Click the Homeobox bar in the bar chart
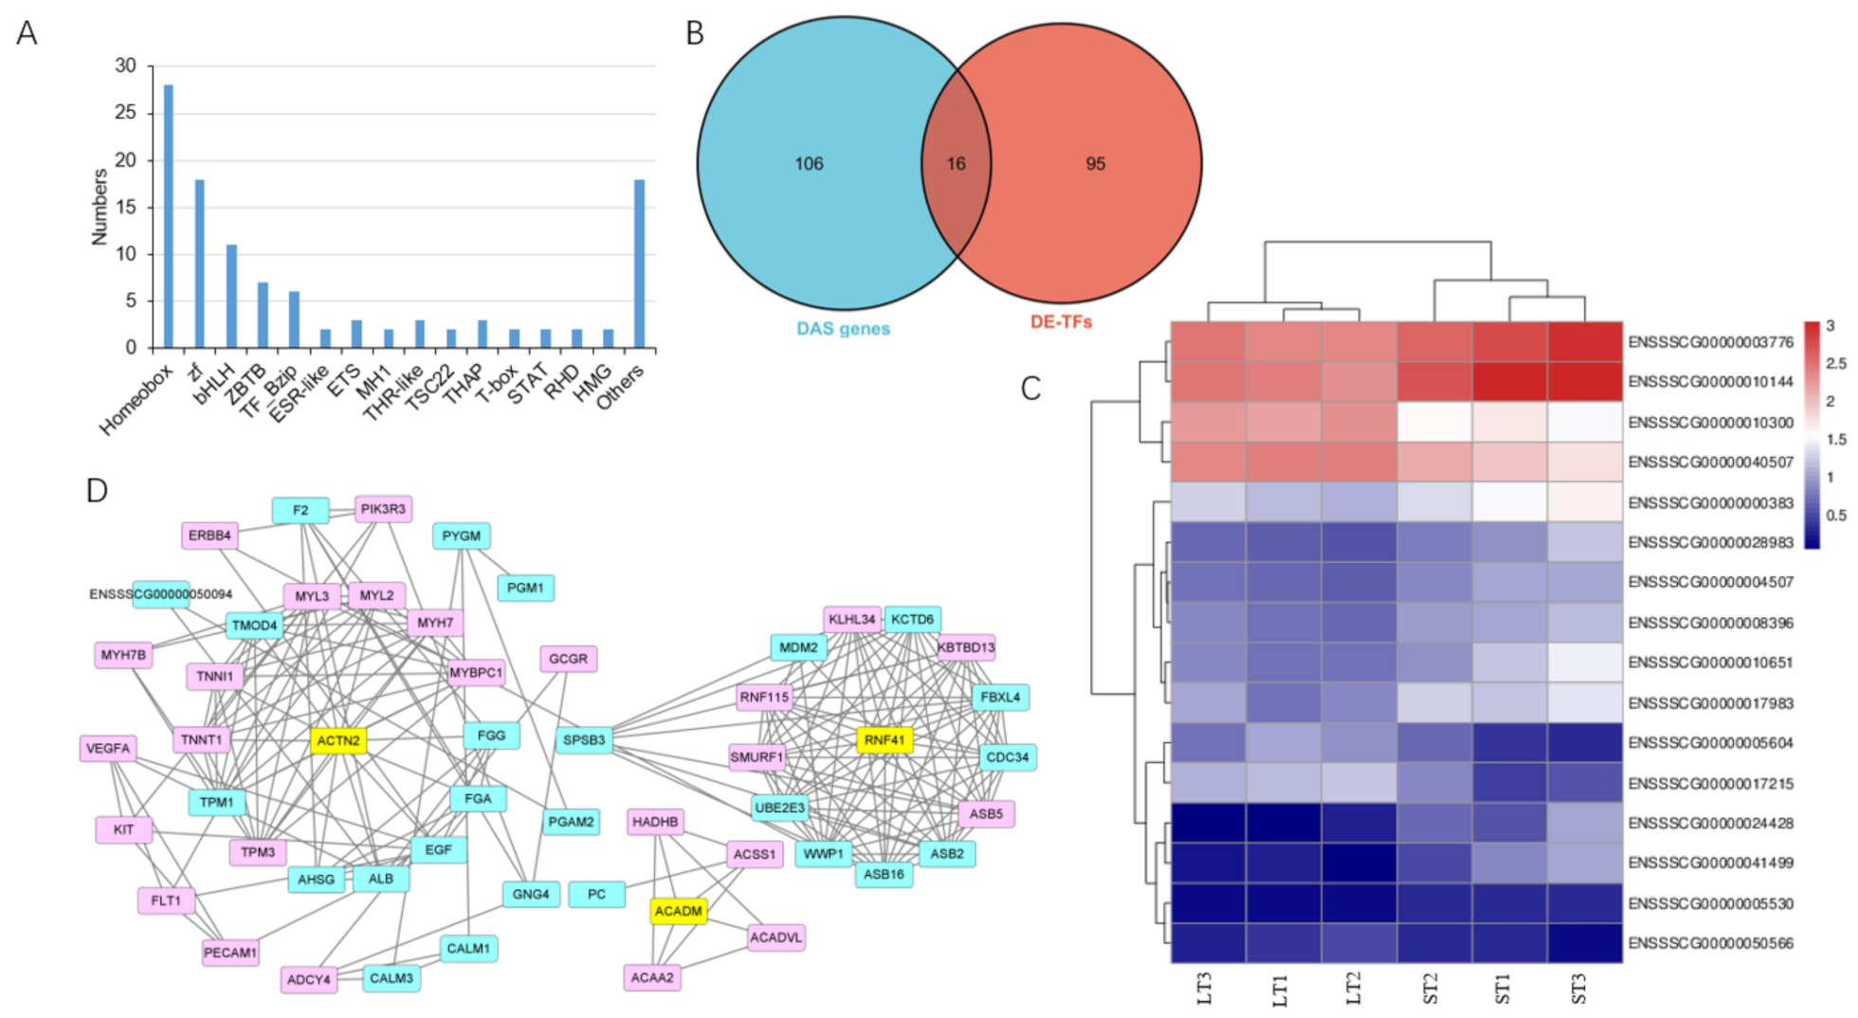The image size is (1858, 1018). click(x=169, y=216)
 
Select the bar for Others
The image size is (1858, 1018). click(x=639, y=264)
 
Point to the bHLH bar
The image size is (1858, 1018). click(x=231, y=296)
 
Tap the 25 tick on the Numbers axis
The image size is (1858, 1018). click(x=125, y=113)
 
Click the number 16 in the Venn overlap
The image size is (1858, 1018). click(x=956, y=164)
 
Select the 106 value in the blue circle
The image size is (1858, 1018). click(x=809, y=164)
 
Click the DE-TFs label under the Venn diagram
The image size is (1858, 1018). click(x=1061, y=322)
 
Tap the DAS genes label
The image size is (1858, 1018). click(x=843, y=329)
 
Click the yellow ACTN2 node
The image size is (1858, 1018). click(x=338, y=740)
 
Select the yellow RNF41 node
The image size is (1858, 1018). click(x=884, y=739)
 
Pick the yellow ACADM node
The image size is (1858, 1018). click(x=679, y=911)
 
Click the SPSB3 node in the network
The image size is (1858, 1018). click(x=584, y=740)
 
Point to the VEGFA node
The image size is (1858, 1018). click(x=108, y=749)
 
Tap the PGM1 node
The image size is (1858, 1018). click(x=525, y=588)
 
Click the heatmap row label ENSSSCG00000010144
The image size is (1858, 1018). click(x=1710, y=382)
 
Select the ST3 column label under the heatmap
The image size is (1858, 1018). click(x=1579, y=988)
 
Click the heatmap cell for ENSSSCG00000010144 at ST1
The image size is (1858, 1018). click(x=1509, y=381)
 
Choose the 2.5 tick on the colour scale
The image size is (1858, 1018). click(x=1835, y=363)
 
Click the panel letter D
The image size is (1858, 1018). click(x=97, y=490)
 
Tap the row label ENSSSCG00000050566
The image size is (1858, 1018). click(x=1710, y=943)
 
